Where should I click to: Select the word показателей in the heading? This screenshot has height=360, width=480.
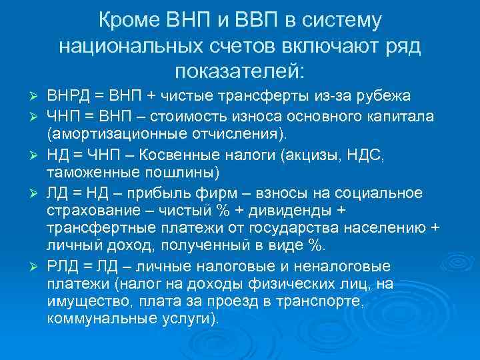pos(239,69)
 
